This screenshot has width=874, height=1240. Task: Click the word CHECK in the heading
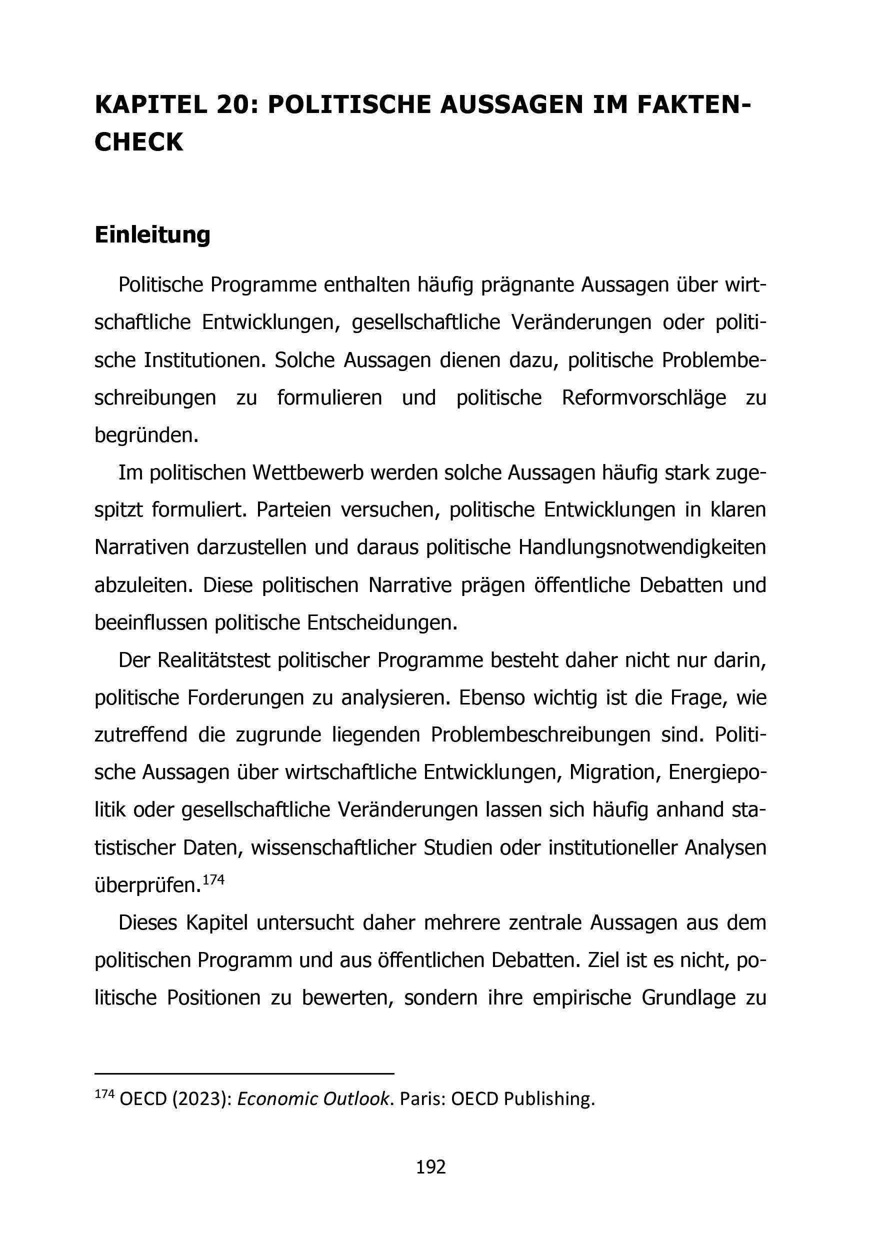[x=139, y=142]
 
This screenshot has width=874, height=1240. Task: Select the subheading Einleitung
[x=152, y=235]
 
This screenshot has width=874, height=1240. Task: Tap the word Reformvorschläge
[x=643, y=398]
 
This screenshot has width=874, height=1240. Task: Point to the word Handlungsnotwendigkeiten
[x=641, y=547]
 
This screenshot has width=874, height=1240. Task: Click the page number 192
[x=430, y=1167]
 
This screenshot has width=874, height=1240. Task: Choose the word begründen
[x=146, y=435]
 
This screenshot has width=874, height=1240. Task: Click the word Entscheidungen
[x=382, y=622]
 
